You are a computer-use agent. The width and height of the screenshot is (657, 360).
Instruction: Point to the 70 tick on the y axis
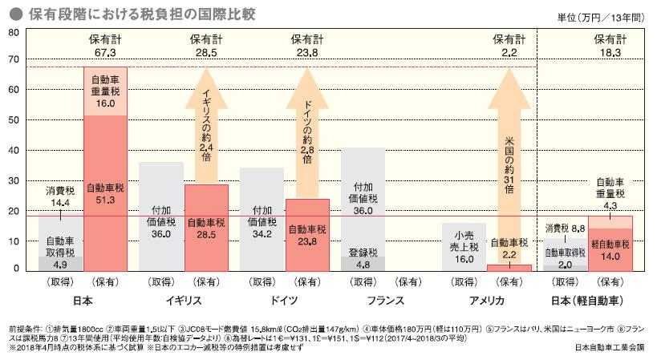[13, 59]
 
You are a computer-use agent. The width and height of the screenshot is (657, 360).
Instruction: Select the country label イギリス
[183, 300]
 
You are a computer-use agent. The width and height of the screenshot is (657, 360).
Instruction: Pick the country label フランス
[385, 300]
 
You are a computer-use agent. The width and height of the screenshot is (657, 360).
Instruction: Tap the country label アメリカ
[486, 300]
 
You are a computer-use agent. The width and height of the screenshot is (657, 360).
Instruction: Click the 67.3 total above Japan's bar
[104, 51]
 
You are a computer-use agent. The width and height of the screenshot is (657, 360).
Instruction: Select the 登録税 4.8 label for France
[363, 258]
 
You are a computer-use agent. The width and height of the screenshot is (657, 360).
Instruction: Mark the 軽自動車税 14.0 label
[610, 252]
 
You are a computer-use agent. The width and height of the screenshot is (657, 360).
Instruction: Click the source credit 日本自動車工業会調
[610, 348]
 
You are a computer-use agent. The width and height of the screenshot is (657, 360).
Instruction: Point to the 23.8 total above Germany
[307, 51]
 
